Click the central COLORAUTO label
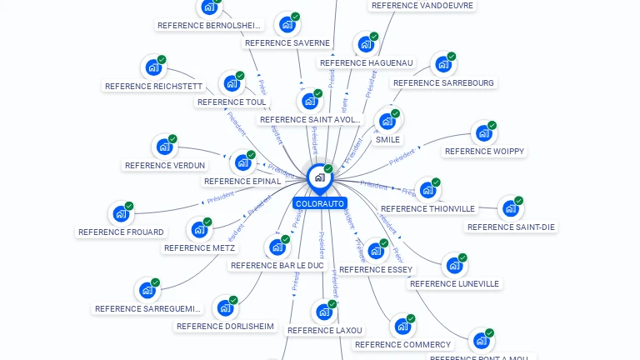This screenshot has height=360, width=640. (319, 203)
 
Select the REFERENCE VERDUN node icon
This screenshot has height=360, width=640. (165, 147)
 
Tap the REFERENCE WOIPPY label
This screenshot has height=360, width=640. (484, 152)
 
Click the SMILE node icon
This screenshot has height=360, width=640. (387, 121)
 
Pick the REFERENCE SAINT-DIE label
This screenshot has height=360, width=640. (511, 227)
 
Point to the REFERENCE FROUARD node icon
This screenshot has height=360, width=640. (122, 213)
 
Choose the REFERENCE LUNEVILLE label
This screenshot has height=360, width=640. (454, 283)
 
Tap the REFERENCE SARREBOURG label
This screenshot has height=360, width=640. (443, 83)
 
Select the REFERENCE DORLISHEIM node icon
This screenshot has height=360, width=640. (225, 307)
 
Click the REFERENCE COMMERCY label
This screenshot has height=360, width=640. (402, 344)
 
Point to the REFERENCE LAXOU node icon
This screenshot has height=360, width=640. (324, 312)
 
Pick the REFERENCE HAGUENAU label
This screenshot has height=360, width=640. (366, 62)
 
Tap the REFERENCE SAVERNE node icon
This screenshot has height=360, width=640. (287, 24)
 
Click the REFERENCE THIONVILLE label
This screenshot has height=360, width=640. (427, 209)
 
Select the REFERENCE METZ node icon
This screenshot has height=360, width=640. (200, 229)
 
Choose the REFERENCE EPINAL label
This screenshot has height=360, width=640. (242, 181)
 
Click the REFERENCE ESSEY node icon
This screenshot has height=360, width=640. (376, 251)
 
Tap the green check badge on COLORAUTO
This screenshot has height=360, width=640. (328, 169)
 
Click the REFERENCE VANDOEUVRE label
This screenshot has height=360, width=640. (422, 5)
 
